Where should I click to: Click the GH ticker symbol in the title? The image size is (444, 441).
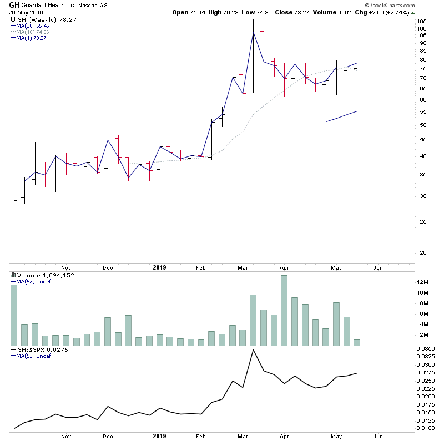(x=14, y=4)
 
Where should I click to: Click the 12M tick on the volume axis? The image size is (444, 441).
(x=423, y=282)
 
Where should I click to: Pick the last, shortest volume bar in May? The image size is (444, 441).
(x=357, y=343)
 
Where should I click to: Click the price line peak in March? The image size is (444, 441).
(x=254, y=32)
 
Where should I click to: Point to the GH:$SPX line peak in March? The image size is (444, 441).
(x=254, y=350)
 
